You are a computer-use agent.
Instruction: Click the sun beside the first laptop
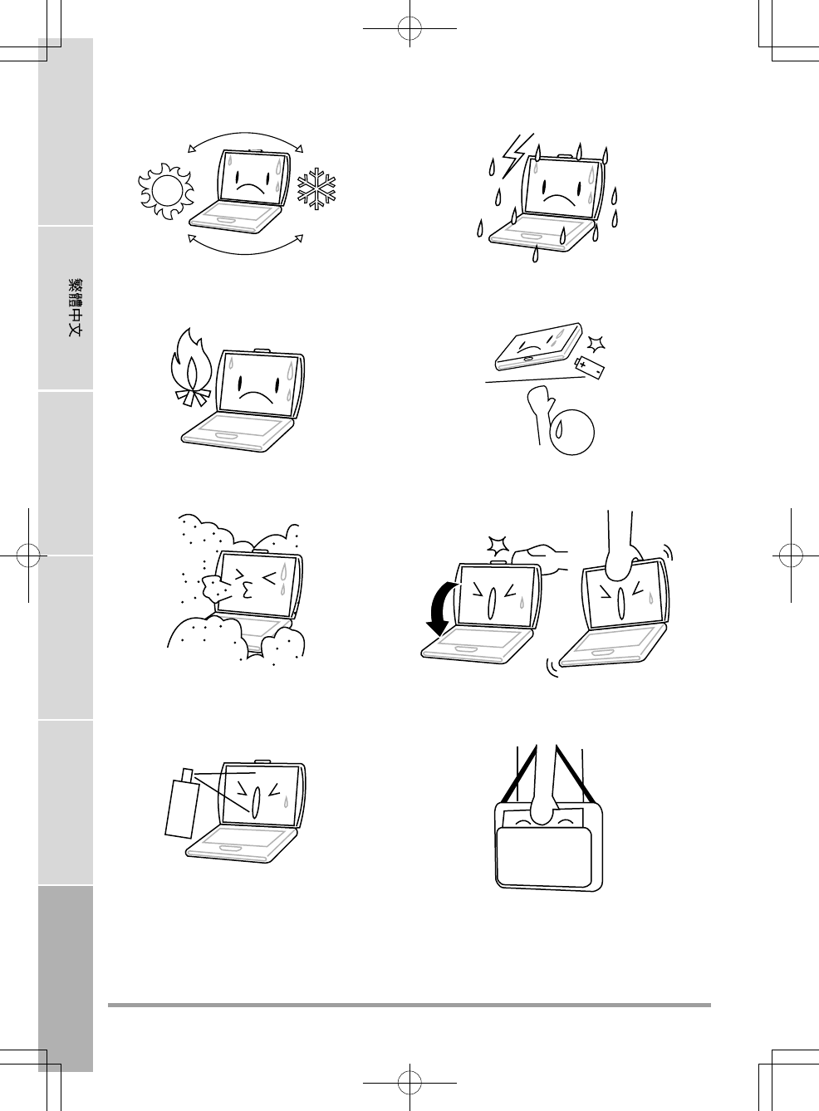click(x=165, y=191)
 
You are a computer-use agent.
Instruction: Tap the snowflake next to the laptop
click(x=316, y=188)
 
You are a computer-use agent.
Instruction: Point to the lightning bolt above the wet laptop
click(x=517, y=156)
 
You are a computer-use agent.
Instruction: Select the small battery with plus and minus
click(x=589, y=368)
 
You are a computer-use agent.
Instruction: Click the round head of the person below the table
click(x=572, y=433)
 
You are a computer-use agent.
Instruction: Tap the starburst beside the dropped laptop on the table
click(x=596, y=344)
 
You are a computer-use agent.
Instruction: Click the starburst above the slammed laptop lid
click(x=498, y=546)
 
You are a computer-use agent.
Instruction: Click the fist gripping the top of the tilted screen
click(x=622, y=561)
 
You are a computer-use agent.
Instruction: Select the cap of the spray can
click(x=188, y=774)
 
